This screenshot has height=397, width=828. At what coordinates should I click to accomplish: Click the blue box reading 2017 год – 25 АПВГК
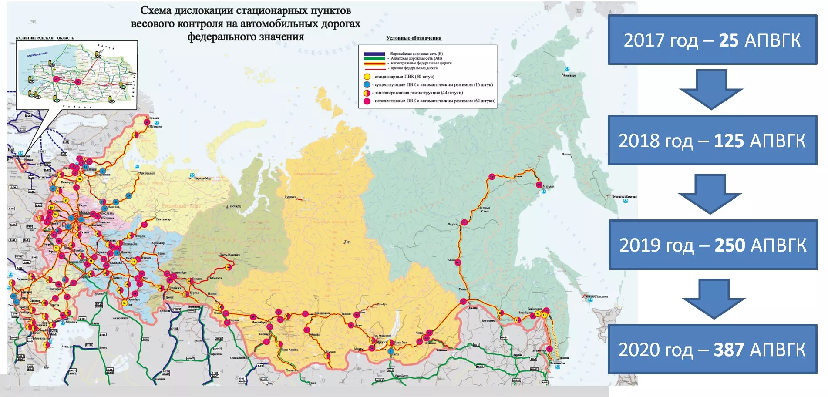[x=712, y=40]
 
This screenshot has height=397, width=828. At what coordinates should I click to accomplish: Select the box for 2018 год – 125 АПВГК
[x=712, y=141]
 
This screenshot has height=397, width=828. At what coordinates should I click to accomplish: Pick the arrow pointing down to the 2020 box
[x=714, y=299]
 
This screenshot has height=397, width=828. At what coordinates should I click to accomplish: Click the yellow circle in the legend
[x=367, y=77]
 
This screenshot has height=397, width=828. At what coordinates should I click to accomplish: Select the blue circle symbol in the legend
[x=367, y=85]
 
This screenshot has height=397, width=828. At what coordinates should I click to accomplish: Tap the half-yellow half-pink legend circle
[x=367, y=93]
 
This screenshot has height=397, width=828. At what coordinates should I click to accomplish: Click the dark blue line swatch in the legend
[x=374, y=54]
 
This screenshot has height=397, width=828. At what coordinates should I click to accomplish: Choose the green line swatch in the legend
[x=374, y=58]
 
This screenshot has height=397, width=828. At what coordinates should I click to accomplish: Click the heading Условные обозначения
[x=414, y=38]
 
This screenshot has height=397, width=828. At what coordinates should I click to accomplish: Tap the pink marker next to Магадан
[x=539, y=185]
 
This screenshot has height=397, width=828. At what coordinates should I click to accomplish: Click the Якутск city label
[x=453, y=225]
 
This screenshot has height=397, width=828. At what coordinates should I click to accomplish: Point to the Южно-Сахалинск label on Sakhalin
[x=596, y=296]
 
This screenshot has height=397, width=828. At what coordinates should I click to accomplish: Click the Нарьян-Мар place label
[x=202, y=178]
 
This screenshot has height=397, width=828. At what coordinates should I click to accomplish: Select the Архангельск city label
[x=146, y=173]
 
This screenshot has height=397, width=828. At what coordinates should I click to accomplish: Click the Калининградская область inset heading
[x=45, y=38]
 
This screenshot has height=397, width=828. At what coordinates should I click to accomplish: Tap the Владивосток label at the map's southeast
[x=558, y=363]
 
